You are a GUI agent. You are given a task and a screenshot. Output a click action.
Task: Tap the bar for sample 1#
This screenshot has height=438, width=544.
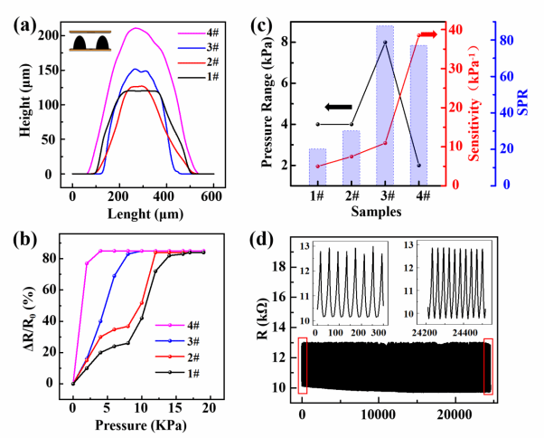[x=317, y=167]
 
